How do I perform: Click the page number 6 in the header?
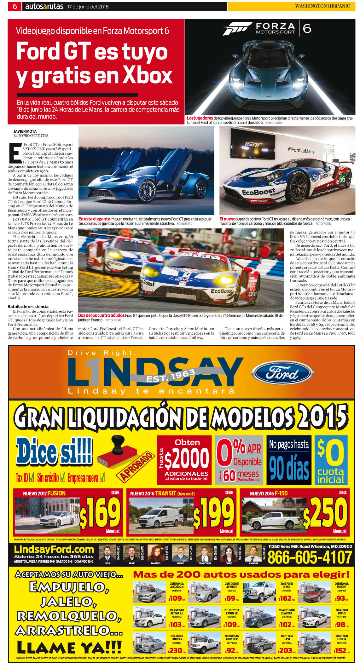click(15, 6)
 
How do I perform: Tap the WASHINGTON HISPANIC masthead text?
click(322, 6)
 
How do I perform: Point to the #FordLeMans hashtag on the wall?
click(301, 150)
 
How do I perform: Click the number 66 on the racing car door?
click(342, 179)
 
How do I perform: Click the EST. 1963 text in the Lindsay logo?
click(171, 376)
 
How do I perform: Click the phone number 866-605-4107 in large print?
click(309, 557)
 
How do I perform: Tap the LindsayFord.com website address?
click(54, 549)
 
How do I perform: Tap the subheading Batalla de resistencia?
click(28, 306)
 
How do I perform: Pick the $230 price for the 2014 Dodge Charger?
click(175, 650)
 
